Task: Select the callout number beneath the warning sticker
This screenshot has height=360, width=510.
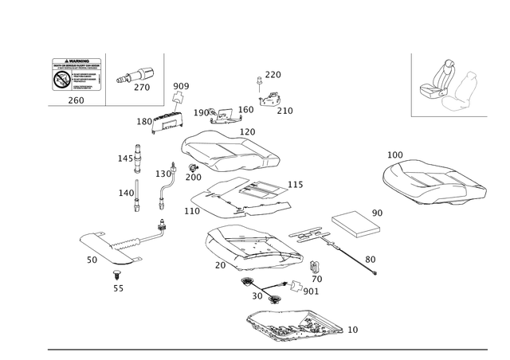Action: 76,101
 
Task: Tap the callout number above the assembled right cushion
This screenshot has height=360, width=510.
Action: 394,152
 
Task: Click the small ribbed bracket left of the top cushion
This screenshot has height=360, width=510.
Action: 167,120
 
